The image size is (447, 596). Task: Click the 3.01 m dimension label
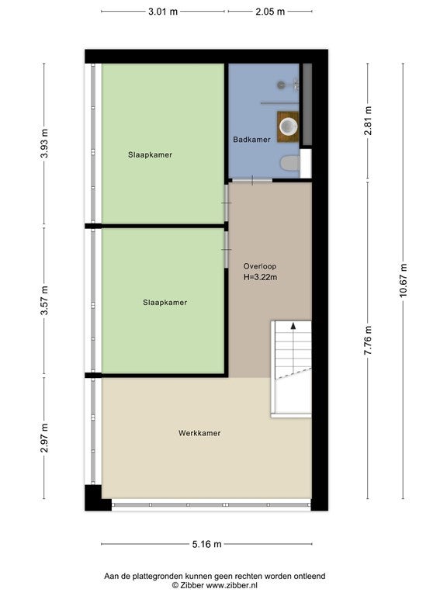pos(163,12)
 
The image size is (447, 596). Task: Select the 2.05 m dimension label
pos(270,12)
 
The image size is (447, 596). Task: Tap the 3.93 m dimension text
pos(44,144)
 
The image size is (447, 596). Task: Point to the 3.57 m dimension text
pos(44,300)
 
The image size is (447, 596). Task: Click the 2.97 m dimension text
pos(44,438)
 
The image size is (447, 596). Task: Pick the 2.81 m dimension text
pos(368,120)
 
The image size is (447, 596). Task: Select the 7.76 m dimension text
pos(368,340)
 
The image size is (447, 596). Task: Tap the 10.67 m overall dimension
pos(404,280)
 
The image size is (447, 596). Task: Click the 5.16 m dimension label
pos(206,544)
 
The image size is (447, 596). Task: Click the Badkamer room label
pos(251,140)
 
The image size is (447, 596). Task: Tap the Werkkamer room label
pos(199,433)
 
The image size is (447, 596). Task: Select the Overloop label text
pos(260,266)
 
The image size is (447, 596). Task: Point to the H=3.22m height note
pos(261,277)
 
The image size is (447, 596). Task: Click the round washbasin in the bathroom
pos(289,126)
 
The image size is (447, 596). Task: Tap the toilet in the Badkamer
pos(290,164)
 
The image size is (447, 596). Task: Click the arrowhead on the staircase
pos(293,325)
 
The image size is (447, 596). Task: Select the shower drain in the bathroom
pos(281,85)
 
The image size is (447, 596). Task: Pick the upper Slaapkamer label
pos(150,154)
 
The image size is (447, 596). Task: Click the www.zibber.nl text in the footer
pos(232,585)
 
